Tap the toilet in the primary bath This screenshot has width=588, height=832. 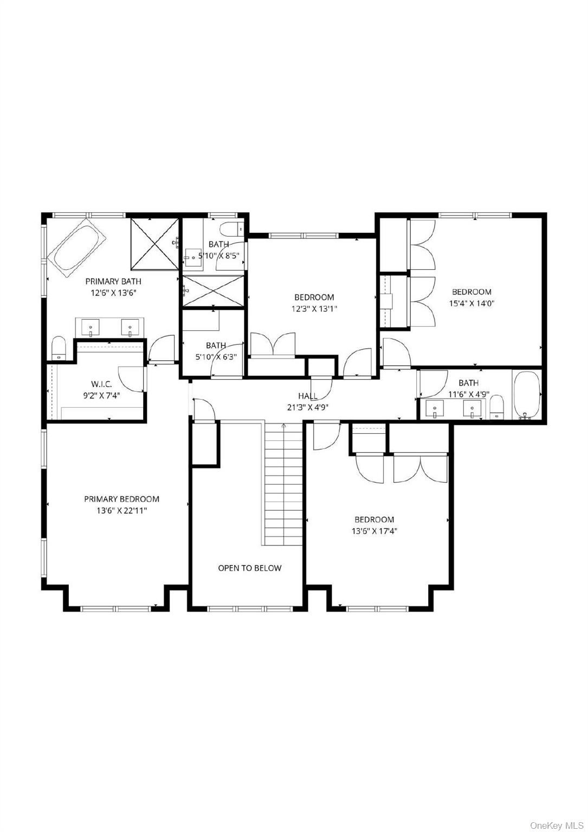[59, 348]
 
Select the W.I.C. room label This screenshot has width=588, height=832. [101, 384]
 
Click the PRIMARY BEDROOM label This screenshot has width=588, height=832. [121, 499]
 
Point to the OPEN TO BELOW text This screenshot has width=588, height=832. [249, 568]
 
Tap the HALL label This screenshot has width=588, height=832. [307, 396]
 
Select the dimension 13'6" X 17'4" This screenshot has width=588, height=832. [374, 531]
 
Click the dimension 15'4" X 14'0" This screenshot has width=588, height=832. [471, 303]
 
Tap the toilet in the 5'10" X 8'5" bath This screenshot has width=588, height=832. [232, 227]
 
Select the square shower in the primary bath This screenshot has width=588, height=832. [154, 243]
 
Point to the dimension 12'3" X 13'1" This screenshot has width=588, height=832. [314, 309]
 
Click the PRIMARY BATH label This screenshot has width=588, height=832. [113, 281]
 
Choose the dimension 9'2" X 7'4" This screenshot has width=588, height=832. [101, 395]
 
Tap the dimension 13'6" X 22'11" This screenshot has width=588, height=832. [121, 510]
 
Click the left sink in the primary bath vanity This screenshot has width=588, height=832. [91, 327]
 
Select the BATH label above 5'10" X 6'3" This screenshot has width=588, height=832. [216, 345]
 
